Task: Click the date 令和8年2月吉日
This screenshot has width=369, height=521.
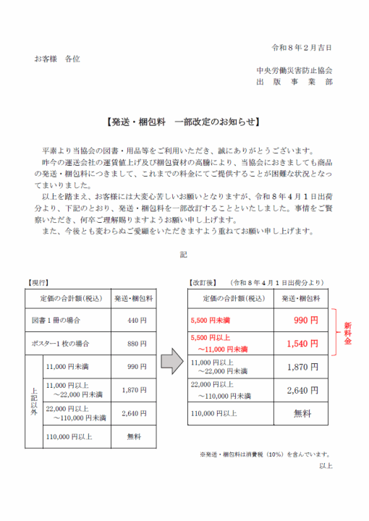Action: (x=302, y=47)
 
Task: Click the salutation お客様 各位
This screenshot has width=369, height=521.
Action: (x=57, y=58)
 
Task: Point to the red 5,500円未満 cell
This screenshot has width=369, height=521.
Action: (x=210, y=320)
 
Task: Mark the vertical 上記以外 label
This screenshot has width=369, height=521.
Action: (x=33, y=401)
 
